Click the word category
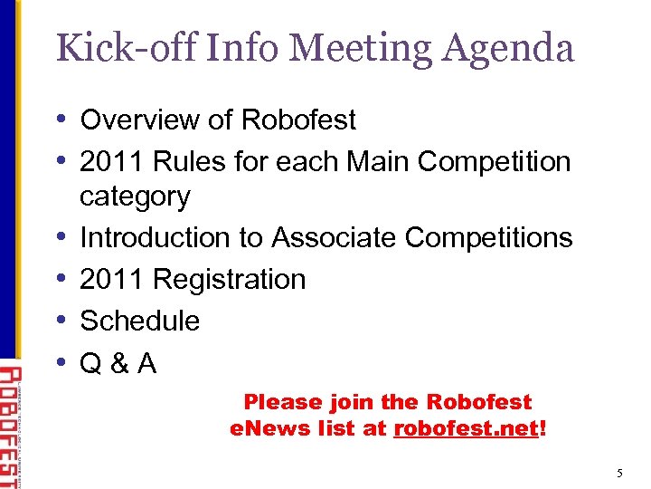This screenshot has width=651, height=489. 135,197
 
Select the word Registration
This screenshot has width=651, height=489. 230,279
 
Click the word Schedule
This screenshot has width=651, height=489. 140,321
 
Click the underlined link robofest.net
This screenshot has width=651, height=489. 466,429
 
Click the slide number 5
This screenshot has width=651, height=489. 619,472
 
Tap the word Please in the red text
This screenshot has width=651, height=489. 282,402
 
